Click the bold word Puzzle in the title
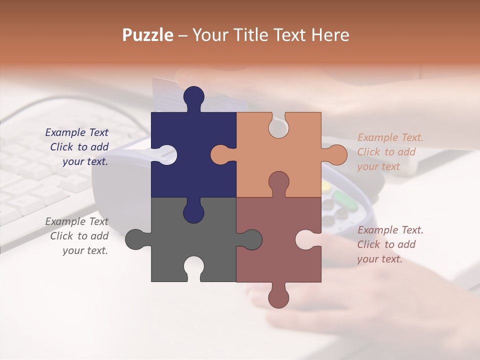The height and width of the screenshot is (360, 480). point(147,35)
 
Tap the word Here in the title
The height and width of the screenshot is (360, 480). point(330,35)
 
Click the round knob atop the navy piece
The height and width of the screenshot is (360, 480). point(193,96)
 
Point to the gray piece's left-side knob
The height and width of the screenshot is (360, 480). point(135,239)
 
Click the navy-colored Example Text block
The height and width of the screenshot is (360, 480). point(77,147)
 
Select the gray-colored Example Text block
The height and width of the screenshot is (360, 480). point(77,236)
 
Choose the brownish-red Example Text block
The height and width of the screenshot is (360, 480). point(390,244)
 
